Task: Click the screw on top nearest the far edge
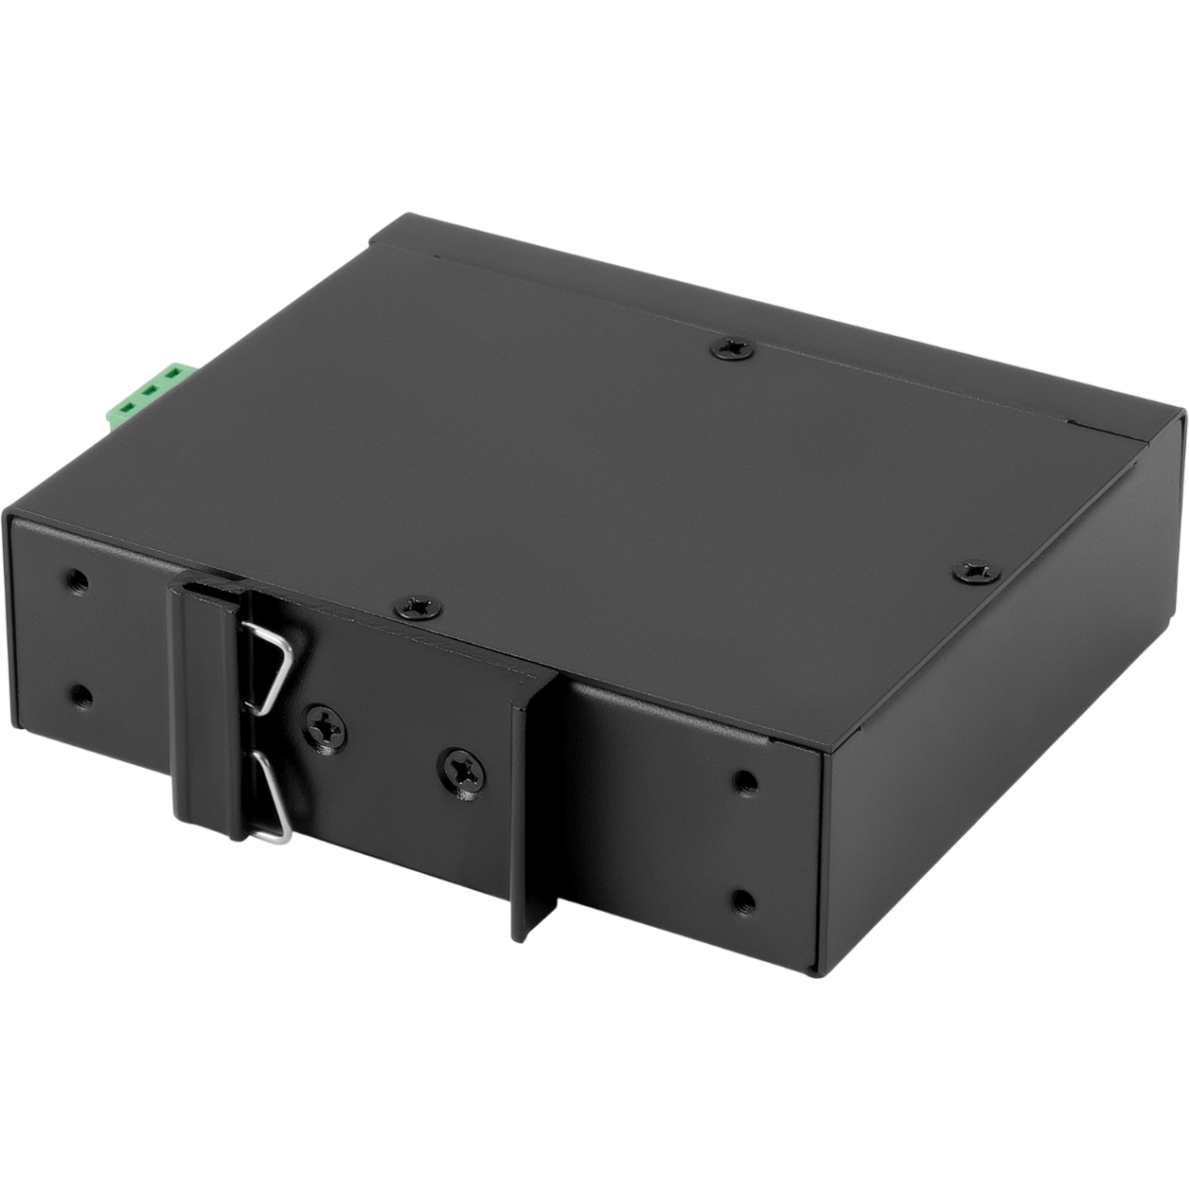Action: [x=734, y=347]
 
